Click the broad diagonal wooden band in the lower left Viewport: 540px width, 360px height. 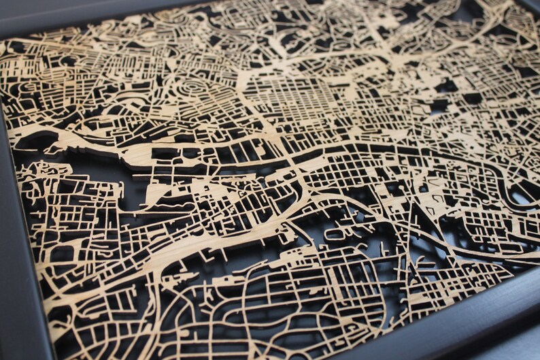[x=170, y=252]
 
